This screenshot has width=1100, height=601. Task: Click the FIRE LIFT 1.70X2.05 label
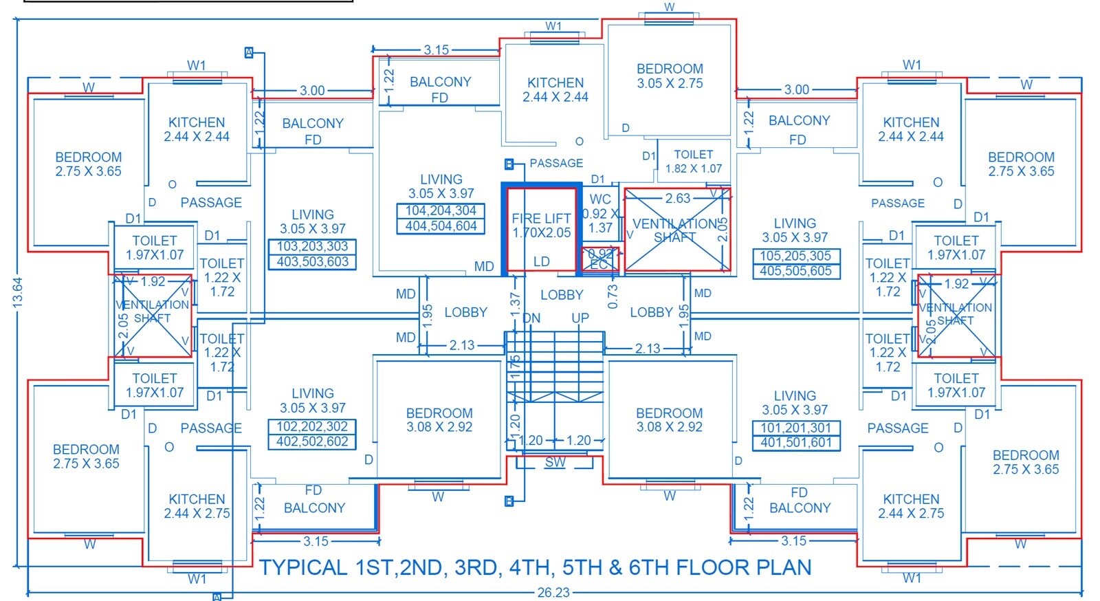coord(541,226)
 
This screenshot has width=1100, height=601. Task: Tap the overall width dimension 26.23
coord(553,593)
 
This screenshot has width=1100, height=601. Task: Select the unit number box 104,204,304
coord(441,211)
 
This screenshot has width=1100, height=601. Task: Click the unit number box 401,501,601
coord(795,443)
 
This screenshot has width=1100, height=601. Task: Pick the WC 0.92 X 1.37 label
coord(600,213)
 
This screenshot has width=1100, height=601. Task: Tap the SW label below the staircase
coord(555,463)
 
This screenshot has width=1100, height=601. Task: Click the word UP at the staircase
coord(580,318)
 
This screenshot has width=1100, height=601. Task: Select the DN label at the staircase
coord(531,318)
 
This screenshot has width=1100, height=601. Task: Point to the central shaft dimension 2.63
coord(677,199)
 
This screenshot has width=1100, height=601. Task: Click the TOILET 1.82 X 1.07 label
coord(693,161)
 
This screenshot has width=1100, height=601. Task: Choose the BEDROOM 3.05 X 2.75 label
coord(670,76)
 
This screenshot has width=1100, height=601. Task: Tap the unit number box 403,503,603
coord(313,262)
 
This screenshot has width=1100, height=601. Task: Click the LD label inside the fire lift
coord(542,262)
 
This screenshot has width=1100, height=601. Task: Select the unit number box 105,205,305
coord(795,256)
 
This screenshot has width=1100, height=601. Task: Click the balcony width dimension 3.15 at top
coord(436,50)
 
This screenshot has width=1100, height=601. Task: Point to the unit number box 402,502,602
coord(313,441)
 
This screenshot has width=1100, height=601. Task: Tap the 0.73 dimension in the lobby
coord(613,296)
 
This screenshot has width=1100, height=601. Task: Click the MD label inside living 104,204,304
coord(484,267)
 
